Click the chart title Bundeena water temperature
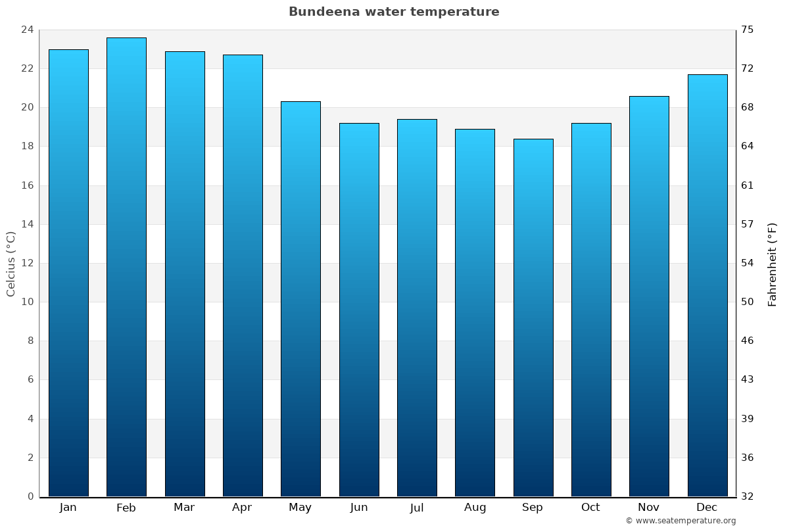pyautogui.click(x=394, y=12)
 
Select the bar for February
pyautogui.click(x=126, y=267)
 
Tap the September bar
pyautogui.click(x=533, y=318)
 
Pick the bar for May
pyautogui.click(x=300, y=299)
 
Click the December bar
pyautogui.click(x=707, y=285)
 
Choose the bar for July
pyautogui.click(x=417, y=308)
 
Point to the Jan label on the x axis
pyautogui.click(x=68, y=508)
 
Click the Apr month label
pyautogui.click(x=242, y=508)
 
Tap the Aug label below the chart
pyautogui.click(x=475, y=508)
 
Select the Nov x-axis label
pyautogui.click(x=649, y=508)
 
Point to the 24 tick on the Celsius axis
pyautogui.click(x=28, y=30)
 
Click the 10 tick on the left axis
pyautogui.click(x=28, y=302)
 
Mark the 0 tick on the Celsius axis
pyautogui.click(x=30, y=496)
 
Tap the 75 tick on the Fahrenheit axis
pyautogui.click(x=748, y=30)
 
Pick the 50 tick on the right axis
pyautogui.click(x=748, y=302)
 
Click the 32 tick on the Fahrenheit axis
pyautogui.click(x=748, y=496)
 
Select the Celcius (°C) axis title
pyautogui.click(x=11, y=263)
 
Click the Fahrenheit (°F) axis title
pyautogui.click(x=773, y=264)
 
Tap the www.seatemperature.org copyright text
pyautogui.click(x=681, y=521)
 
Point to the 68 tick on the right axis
pyautogui.click(x=748, y=107)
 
